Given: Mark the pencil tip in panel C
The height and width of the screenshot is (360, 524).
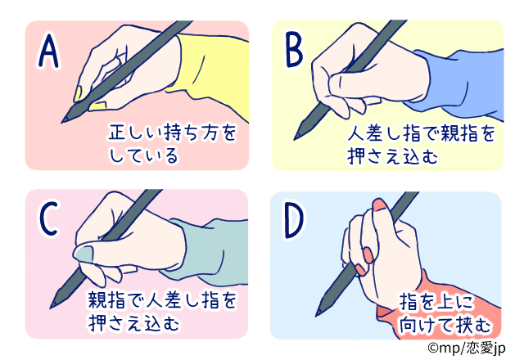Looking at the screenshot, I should coord(54,304).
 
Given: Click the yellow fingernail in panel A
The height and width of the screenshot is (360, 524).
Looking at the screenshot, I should coord(79,92).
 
